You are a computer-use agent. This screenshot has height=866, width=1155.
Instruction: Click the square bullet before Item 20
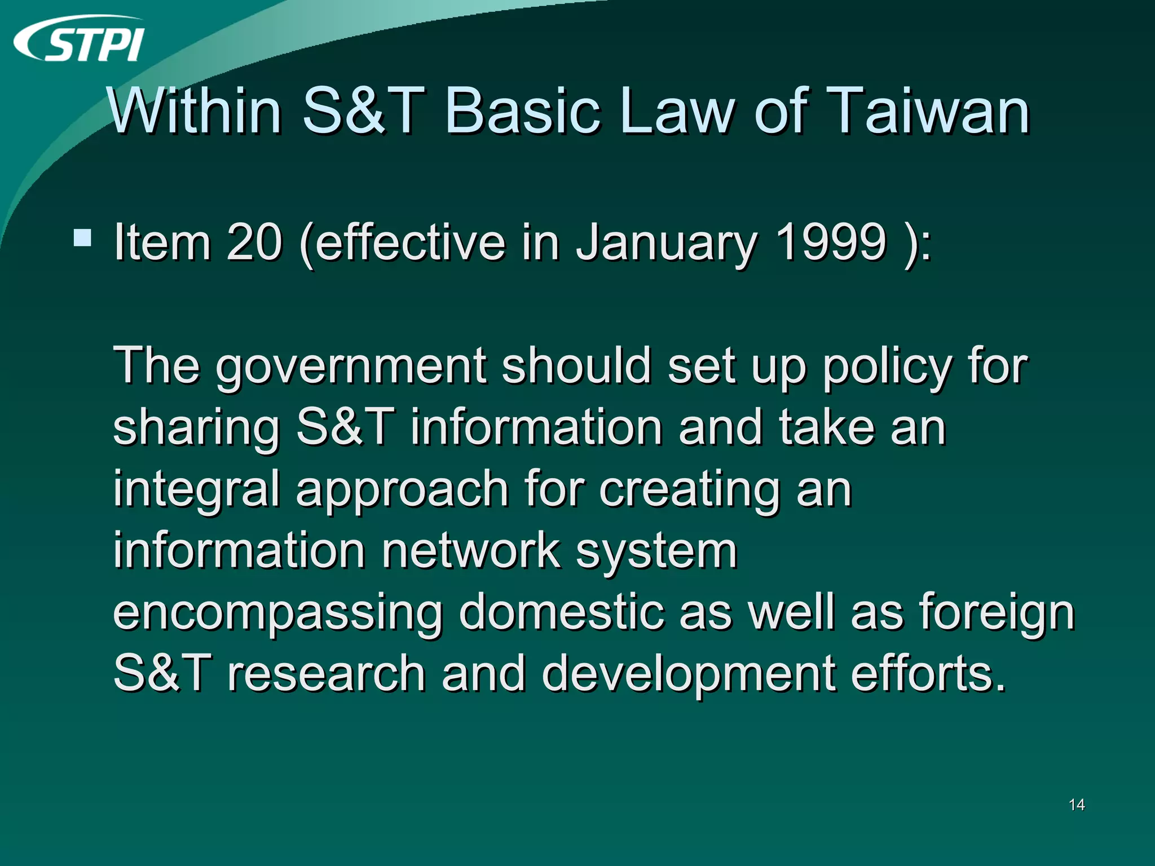pyautogui.click(x=82, y=238)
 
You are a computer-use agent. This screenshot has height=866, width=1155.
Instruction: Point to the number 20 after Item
pyautogui.click(x=254, y=242)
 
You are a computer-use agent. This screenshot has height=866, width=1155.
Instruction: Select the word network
pyautogui.click(x=470, y=551)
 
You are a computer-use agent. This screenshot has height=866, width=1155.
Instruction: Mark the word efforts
pyautogui.click(x=928, y=674)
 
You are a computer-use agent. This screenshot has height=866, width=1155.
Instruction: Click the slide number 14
pyautogui.click(x=1077, y=805)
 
